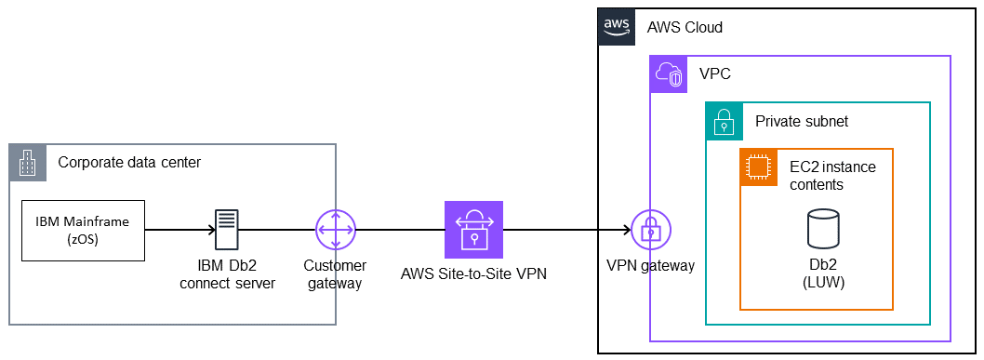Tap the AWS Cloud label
point(685,27)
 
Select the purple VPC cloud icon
point(667,73)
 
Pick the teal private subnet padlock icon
point(724,120)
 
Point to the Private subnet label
point(801,121)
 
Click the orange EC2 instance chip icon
point(758,167)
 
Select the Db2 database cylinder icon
point(822,229)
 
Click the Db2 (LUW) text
point(822,273)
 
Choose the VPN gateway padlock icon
point(650,229)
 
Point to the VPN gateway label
point(650,266)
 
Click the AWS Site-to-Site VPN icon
point(473,229)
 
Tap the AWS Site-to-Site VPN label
point(473,273)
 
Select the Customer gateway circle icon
point(335,229)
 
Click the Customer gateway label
point(335,273)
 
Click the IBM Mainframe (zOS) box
point(84,229)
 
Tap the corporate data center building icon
point(27,162)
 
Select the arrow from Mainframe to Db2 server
point(177,229)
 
